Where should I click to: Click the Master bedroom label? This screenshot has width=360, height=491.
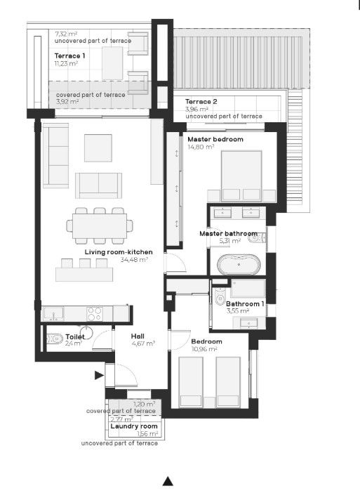click(215, 139)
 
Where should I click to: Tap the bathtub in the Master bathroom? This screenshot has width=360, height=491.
click(239, 264)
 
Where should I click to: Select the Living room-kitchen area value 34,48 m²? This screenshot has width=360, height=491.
click(134, 260)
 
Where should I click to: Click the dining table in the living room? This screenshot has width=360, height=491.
click(100, 225)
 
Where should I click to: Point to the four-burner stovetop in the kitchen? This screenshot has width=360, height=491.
click(95, 313)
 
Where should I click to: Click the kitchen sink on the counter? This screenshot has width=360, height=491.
click(53, 313)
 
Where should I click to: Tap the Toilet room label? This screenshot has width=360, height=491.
click(75, 337)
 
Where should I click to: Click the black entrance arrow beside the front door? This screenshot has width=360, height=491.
click(99, 375)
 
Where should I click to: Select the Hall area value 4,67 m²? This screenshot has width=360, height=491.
click(144, 343)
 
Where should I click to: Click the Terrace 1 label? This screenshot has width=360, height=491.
click(69, 56)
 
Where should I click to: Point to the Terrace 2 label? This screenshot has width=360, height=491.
click(201, 102)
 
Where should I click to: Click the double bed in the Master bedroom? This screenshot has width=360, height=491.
click(241, 176)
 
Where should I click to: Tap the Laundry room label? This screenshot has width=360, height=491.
click(134, 426)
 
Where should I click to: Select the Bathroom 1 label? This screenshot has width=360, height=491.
click(245, 303)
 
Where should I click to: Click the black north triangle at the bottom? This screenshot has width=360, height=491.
click(168, 481)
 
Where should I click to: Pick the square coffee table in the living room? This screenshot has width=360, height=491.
click(98, 148)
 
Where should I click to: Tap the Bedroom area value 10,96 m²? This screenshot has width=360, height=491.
click(204, 349)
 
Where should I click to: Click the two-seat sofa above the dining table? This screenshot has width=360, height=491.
click(98, 185)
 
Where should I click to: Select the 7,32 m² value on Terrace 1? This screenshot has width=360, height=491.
click(66, 34)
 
